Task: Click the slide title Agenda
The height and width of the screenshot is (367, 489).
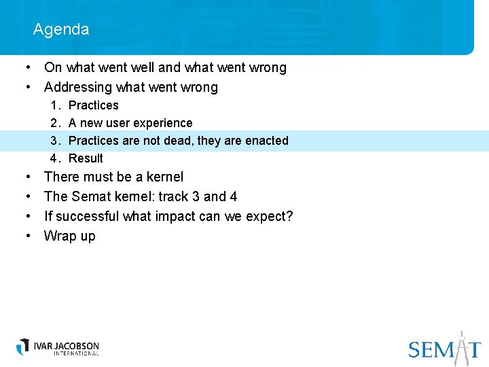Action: click(x=60, y=29)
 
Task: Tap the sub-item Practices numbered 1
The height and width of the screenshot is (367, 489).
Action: click(x=94, y=105)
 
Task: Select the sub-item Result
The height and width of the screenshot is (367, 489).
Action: click(x=86, y=158)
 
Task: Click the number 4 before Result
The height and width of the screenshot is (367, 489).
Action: click(x=54, y=158)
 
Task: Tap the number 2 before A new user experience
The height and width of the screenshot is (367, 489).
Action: click(x=54, y=123)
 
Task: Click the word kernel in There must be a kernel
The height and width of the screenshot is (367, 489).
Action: click(x=165, y=177)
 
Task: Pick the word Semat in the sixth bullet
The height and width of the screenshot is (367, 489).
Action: click(x=88, y=196)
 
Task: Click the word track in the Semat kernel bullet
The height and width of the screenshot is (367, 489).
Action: click(x=173, y=196)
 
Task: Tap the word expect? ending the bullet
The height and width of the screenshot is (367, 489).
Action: click(x=270, y=216)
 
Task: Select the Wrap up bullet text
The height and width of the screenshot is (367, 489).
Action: click(x=70, y=236)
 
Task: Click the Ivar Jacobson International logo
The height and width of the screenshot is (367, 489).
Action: click(x=58, y=347)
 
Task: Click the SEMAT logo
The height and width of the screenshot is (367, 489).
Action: click(x=445, y=348)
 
